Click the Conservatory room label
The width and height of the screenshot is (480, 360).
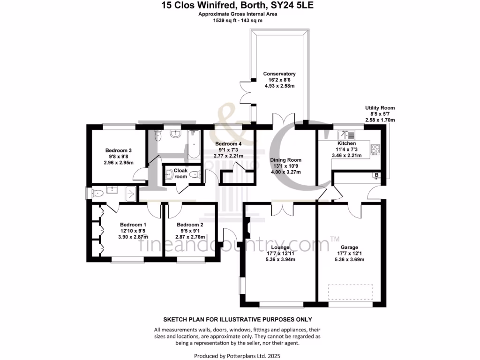(279, 74)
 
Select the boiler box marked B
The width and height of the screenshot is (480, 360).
(376, 175)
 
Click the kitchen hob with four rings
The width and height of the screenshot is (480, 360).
(375, 150)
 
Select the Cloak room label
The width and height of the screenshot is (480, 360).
(180, 173)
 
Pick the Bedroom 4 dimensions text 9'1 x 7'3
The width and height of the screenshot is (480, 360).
(228, 150)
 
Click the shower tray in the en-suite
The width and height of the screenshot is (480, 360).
(131, 193)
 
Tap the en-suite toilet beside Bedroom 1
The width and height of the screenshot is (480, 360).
(97, 193)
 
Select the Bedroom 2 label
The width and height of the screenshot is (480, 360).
(190, 225)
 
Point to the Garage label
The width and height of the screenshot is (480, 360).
(349, 247)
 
